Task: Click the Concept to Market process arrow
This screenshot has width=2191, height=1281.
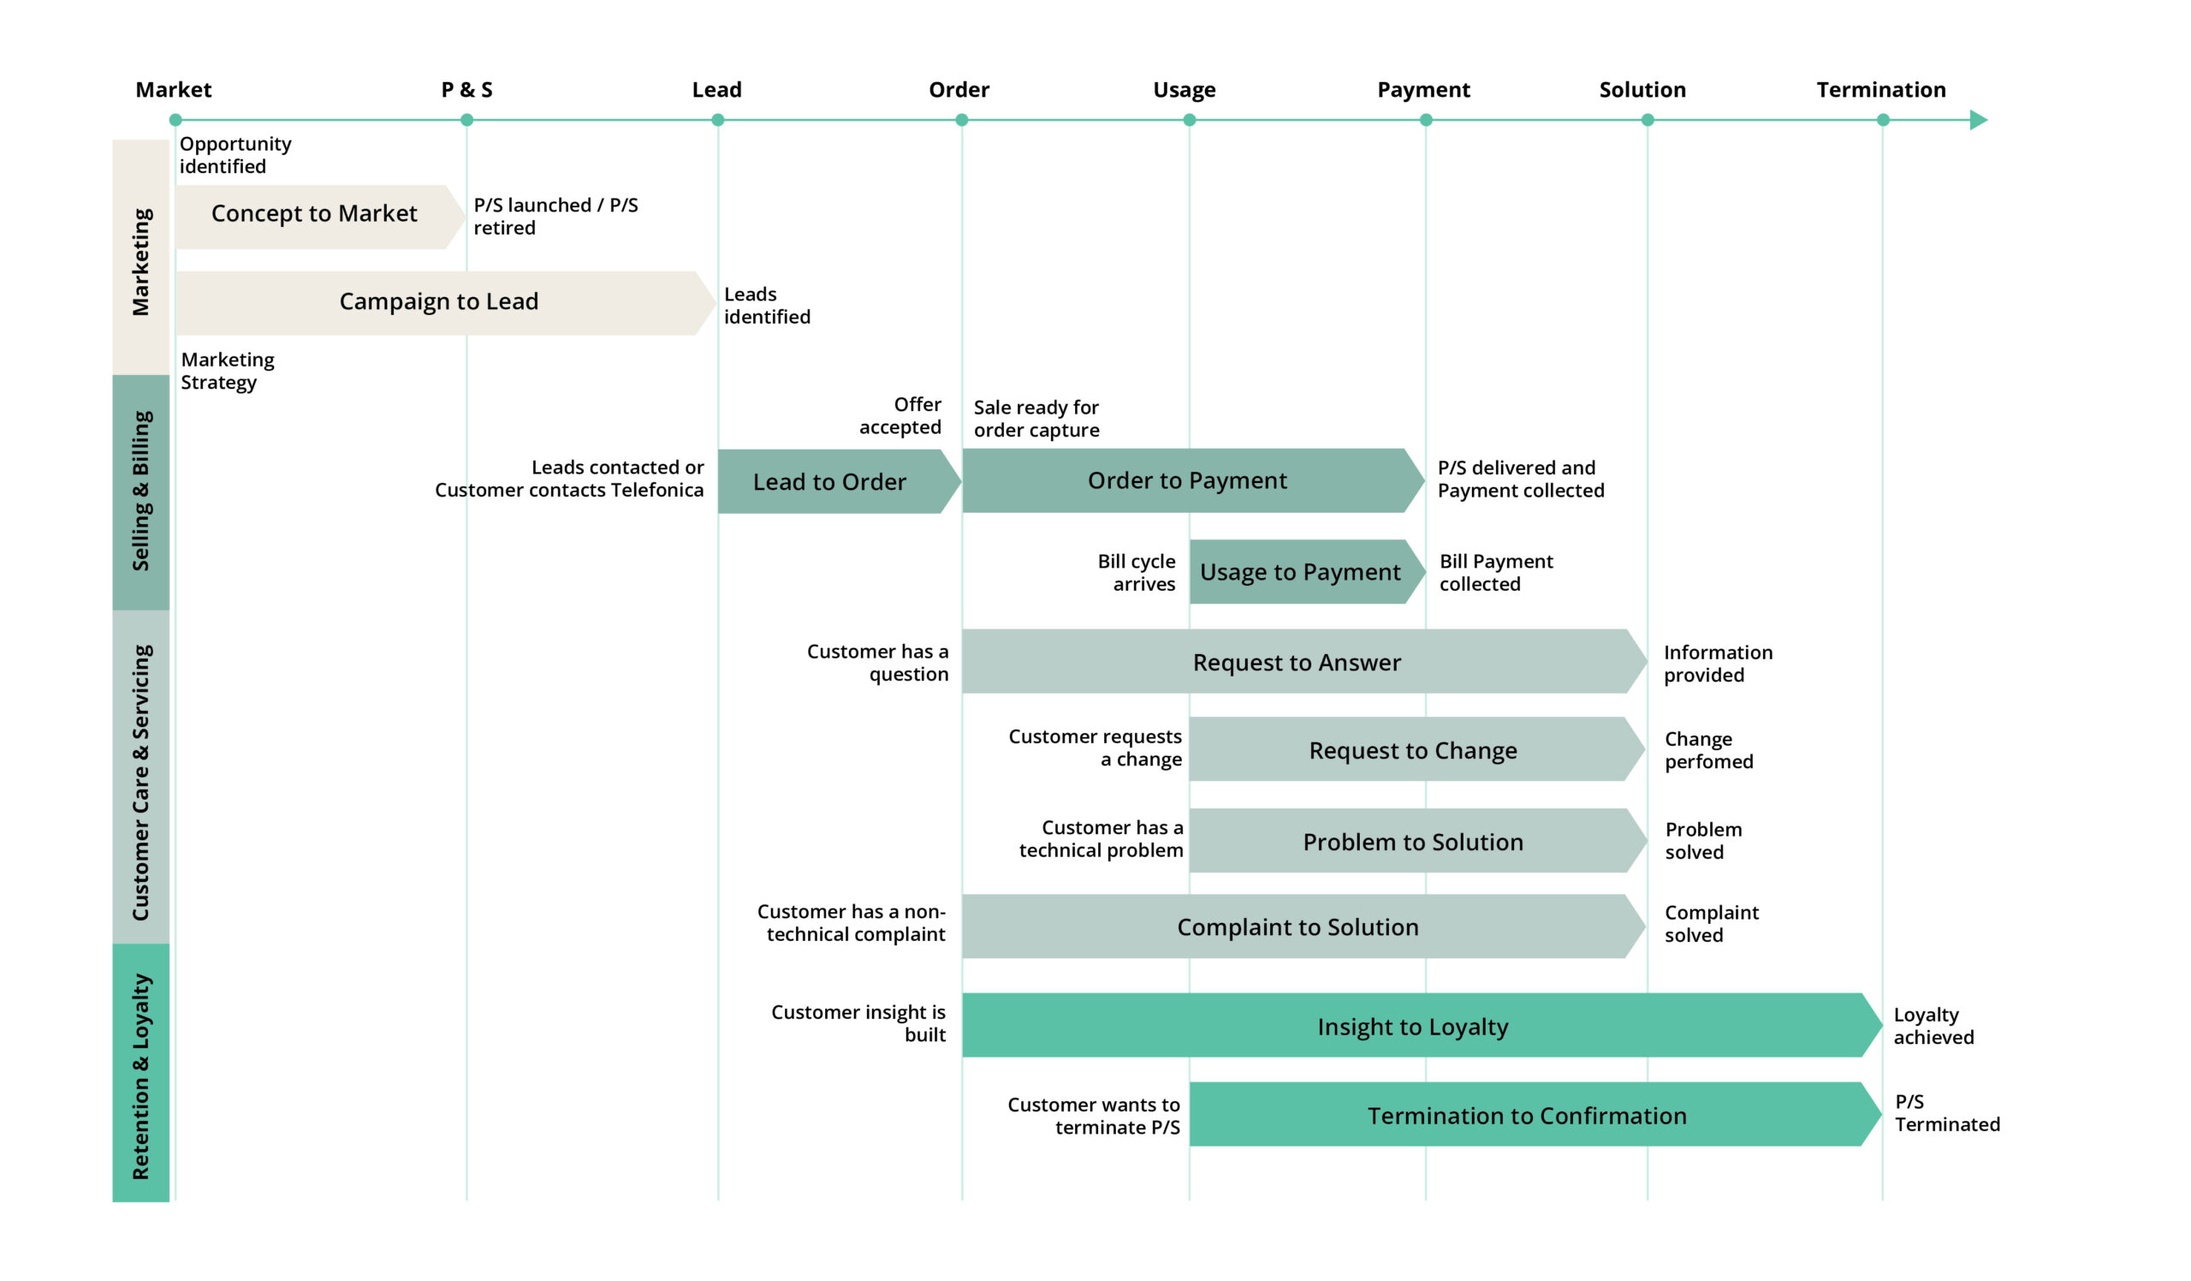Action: pyautogui.click(x=315, y=216)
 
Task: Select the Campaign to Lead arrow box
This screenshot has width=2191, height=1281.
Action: pyautogui.click(x=439, y=302)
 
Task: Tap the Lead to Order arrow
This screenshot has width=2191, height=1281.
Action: pyautogui.click(x=830, y=482)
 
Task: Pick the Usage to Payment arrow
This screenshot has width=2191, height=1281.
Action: pyautogui.click(x=1301, y=572)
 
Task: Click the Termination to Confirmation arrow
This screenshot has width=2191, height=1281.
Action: pyautogui.click(x=1528, y=1116)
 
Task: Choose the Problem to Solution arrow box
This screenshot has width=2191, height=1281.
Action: pyautogui.click(x=1414, y=842)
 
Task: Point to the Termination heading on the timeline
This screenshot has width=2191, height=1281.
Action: pyautogui.click(x=1881, y=90)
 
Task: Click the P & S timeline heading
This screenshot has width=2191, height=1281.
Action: pyautogui.click(x=467, y=90)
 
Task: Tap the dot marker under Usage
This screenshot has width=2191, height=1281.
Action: pyautogui.click(x=1190, y=120)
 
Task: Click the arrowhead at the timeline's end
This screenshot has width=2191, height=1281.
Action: pyautogui.click(x=1978, y=120)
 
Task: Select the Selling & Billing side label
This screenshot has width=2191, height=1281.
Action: pyautogui.click(x=141, y=492)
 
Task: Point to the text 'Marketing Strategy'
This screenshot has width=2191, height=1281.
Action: pyautogui.click(x=227, y=372)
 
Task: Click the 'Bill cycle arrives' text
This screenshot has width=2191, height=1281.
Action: pyautogui.click(x=1137, y=573)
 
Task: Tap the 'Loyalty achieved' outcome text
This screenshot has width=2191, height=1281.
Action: pyautogui.click(x=1933, y=1026)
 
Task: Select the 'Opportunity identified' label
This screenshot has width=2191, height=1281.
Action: pyautogui.click(x=235, y=155)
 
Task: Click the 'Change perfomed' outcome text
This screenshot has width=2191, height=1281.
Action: pyautogui.click(x=1708, y=750)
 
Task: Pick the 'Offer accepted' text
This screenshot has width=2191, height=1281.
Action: pyautogui.click(x=900, y=415)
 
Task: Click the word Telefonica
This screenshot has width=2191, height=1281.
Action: pyautogui.click(x=657, y=491)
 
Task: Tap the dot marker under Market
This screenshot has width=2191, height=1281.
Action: pyautogui.click(x=175, y=120)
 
